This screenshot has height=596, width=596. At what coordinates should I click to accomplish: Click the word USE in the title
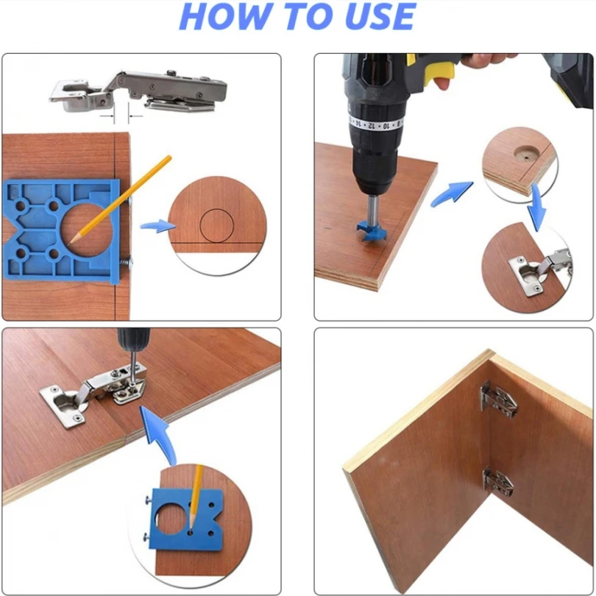point(380,16)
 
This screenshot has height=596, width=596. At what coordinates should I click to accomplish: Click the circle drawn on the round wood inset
point(216,225)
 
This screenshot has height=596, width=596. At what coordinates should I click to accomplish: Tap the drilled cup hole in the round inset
point(526,153)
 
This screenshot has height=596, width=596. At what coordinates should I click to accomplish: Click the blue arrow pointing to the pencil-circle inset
point(157,226)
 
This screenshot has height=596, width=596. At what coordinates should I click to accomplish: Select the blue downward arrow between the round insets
point(536,208)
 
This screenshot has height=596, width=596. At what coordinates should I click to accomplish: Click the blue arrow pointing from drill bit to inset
point(452,193)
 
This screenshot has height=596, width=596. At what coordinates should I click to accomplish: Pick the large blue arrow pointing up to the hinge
point(158,434)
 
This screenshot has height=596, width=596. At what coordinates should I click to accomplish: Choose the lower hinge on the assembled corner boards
point(497,483)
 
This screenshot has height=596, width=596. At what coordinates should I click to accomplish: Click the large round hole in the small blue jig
point(170,519)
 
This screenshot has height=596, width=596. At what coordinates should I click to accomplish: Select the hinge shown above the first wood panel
point(139,91)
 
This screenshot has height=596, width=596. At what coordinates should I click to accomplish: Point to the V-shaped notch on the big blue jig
point(10,230)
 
